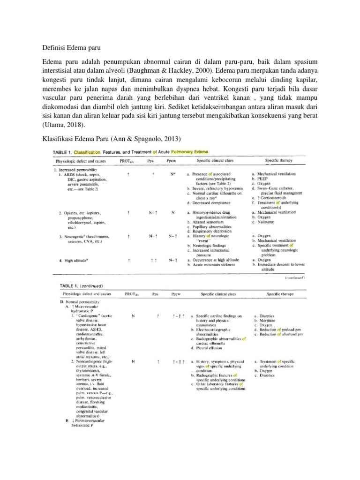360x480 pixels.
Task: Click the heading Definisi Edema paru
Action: (72, 48)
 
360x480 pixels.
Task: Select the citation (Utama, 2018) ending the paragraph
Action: (63, 126)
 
